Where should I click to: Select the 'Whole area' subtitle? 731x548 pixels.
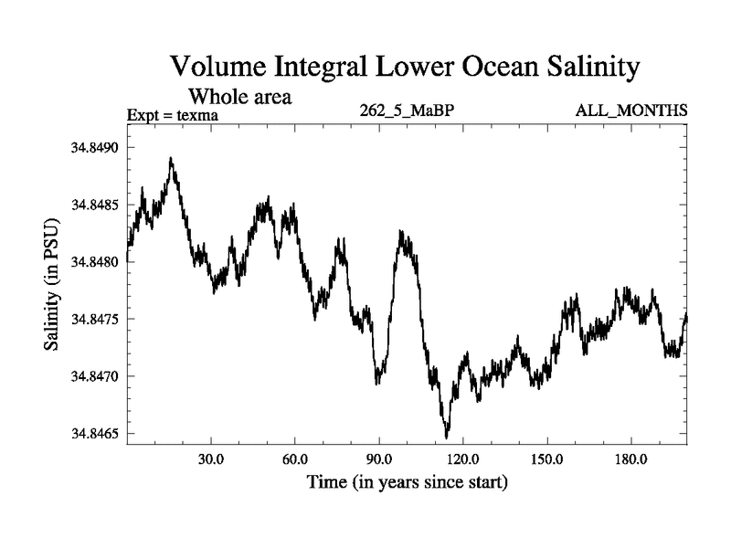point(239,96)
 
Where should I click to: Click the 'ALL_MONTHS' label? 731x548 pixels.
point(631,111)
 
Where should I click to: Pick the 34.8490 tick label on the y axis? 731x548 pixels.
point(95,148)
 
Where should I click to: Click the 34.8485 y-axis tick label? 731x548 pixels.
point(95,205)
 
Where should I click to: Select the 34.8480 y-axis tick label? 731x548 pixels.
point(95,262)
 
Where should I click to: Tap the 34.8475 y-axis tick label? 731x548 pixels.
point(95,319)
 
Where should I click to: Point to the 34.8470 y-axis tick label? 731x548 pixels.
point(95,376)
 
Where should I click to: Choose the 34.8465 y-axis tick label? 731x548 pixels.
point(95,434)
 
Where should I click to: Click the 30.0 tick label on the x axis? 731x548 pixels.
point(211,458)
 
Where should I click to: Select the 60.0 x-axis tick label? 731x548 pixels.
point(295,458)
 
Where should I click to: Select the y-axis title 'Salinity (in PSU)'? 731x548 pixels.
point(53,290)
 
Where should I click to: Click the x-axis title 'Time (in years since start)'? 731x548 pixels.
point(407,481)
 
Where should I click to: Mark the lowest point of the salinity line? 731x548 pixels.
point(446,437)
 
